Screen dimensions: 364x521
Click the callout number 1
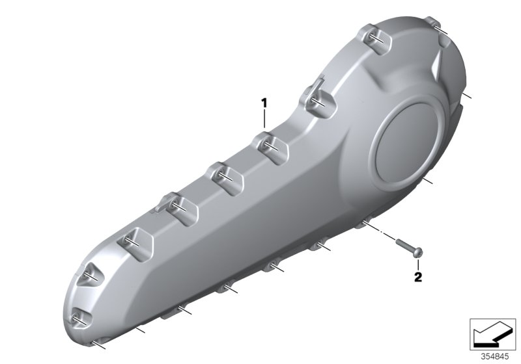pyautogui.click(x=264, y=102)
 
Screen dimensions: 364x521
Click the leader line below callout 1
pyautogui.click(x=265, y=120)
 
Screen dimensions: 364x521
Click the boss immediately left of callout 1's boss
pyautogui.click(x=223, y=175)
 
